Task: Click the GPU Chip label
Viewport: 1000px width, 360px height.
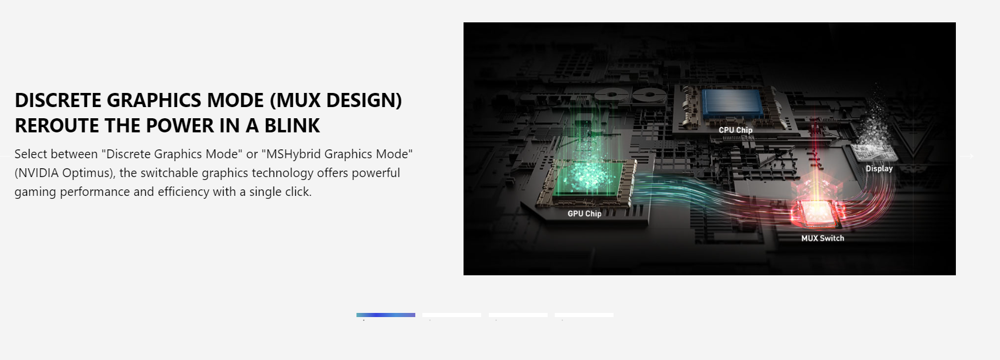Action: click(584, 214)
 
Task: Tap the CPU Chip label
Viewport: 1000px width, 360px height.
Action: click(735, 130)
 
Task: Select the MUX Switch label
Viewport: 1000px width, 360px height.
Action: click(822, 238)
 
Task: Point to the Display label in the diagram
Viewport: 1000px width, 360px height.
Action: click(879, 169)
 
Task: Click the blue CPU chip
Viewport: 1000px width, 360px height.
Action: click(732, 104)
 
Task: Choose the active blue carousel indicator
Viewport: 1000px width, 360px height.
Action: click(386, 315)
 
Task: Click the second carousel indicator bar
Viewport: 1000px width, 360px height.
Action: click(452, 315)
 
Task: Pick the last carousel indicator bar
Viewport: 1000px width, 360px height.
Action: click(584, 315)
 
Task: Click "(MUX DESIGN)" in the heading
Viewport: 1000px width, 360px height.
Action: click(336, 101)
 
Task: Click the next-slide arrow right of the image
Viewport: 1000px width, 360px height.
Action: click(967, 156)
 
